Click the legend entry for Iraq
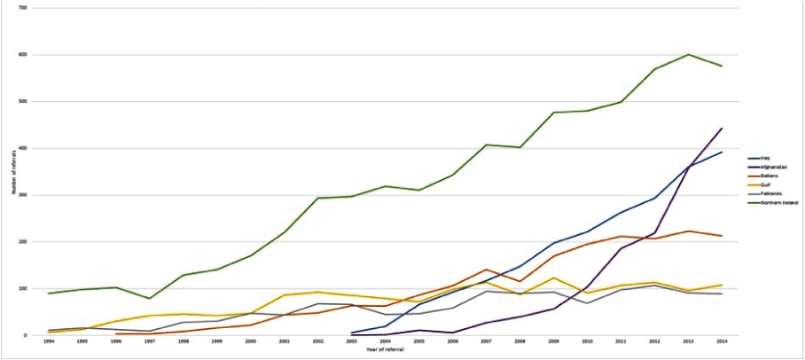tap(765, 158)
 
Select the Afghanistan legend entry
tap(770, 167)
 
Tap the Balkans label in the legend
tap(767, 176)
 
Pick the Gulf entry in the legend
tap(764, 184)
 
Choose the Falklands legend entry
tap(769, 193)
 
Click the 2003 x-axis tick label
tap(352, 342)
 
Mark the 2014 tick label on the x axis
tap(722, 342)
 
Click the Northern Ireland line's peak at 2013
tap(689, 54)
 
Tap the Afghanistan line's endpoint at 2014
tap(722, 129)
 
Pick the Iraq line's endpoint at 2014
tap(722, 153)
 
